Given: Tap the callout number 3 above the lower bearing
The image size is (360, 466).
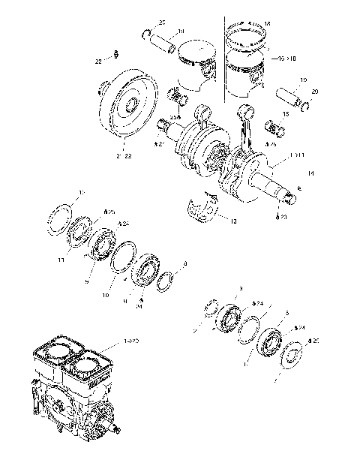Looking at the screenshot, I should pyautogui.click(x=241, y=288).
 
